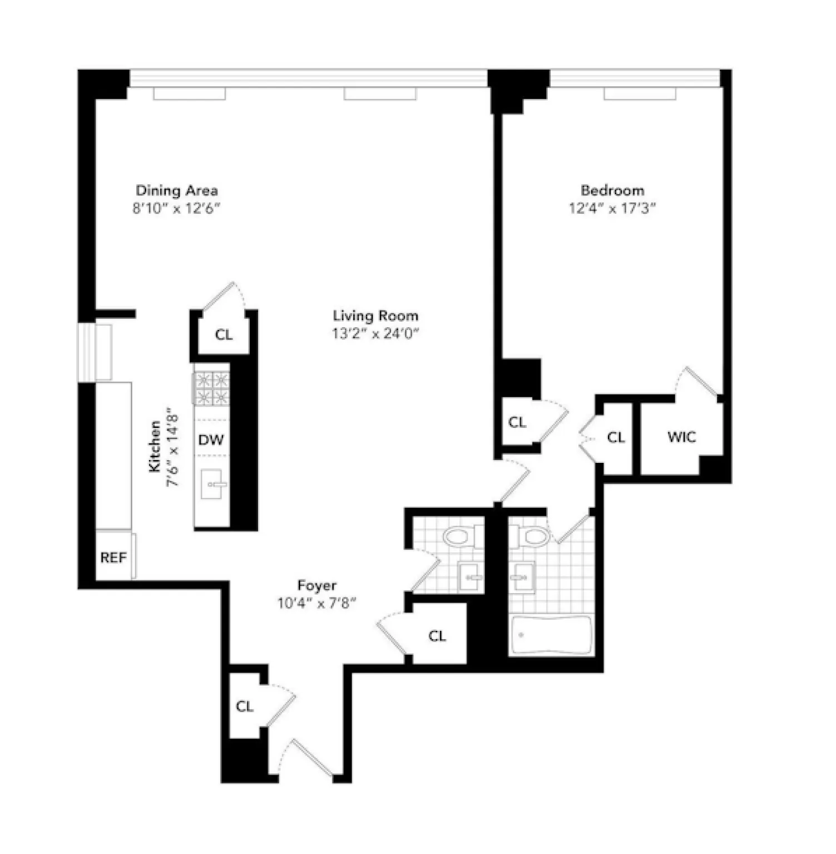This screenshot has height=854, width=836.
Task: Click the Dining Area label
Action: (x=177, y=190)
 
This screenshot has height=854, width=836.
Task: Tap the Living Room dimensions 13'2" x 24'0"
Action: (x=375, y=333)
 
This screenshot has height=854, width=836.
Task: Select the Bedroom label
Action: (x=612, y=190)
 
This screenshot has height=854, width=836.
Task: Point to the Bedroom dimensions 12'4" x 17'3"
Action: (x=612, y=209)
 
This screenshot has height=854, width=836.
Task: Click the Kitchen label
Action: (x=155, y=447)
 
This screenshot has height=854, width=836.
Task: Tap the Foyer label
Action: (x=316, y=585)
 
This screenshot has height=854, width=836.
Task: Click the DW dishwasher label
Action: (x=211, y=440)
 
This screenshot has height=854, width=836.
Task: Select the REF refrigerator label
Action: (x=113, y=557)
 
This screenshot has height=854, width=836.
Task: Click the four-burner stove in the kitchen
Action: (x=211, y=388)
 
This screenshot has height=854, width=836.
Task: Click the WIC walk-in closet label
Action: (x=681, y=437)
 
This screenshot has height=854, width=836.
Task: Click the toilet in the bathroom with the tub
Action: (x=534, y=536)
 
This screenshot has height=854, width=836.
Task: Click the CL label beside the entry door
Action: (x=245, y=706)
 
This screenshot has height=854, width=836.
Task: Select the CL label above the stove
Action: (x=224, y=334)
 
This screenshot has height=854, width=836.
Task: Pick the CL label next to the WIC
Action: (x=616, y=437)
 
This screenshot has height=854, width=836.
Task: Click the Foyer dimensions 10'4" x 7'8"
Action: (x=316, y=603)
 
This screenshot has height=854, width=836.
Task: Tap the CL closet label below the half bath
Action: (x=437, y=635)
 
